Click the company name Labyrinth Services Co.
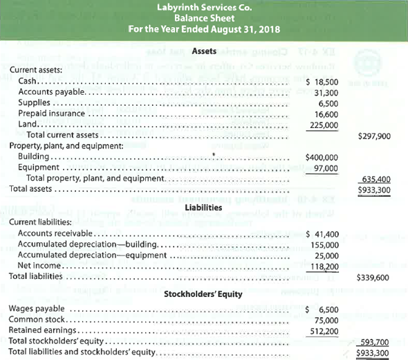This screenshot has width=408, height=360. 203,8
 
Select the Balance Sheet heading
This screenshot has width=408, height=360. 203,19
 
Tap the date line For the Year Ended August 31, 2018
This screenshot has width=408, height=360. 203,29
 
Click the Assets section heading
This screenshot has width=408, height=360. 203,52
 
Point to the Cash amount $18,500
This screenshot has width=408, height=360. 322,82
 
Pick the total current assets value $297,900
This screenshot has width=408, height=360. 375,136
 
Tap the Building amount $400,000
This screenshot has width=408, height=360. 322,157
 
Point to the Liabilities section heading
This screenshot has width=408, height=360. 203,207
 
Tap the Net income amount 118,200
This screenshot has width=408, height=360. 326,266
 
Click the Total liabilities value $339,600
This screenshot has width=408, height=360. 375,277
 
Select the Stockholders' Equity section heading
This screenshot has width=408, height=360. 203,294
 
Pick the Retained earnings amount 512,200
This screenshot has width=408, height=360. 326,331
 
